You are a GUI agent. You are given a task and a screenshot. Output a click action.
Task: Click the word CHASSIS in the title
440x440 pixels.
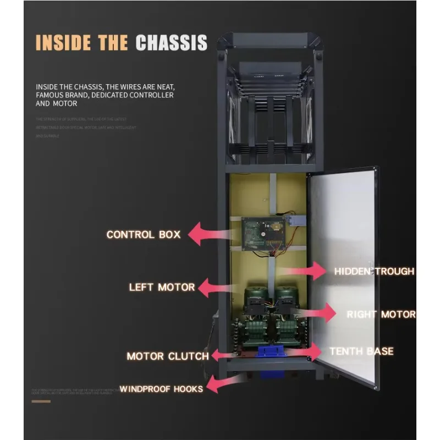(x=171, y=42)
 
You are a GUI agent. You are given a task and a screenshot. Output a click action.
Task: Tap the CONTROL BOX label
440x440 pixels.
(x=144, y=235)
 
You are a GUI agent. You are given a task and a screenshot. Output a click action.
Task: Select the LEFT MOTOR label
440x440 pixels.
(x=162, y=287)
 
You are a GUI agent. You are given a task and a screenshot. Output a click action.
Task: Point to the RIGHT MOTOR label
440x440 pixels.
(x=381, y=315)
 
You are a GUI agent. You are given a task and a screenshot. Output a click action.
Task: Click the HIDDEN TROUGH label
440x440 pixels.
(x=374, y=271)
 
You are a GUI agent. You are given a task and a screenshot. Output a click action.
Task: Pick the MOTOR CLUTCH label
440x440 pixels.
(x=168, y=356)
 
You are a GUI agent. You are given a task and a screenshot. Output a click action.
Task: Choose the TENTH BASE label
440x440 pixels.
(x=361, y=351)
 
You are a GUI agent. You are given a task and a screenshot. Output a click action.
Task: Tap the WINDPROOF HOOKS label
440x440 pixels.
(x=161, y=389)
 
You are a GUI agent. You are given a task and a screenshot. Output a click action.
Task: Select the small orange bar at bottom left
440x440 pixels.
(x=41, y=402)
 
